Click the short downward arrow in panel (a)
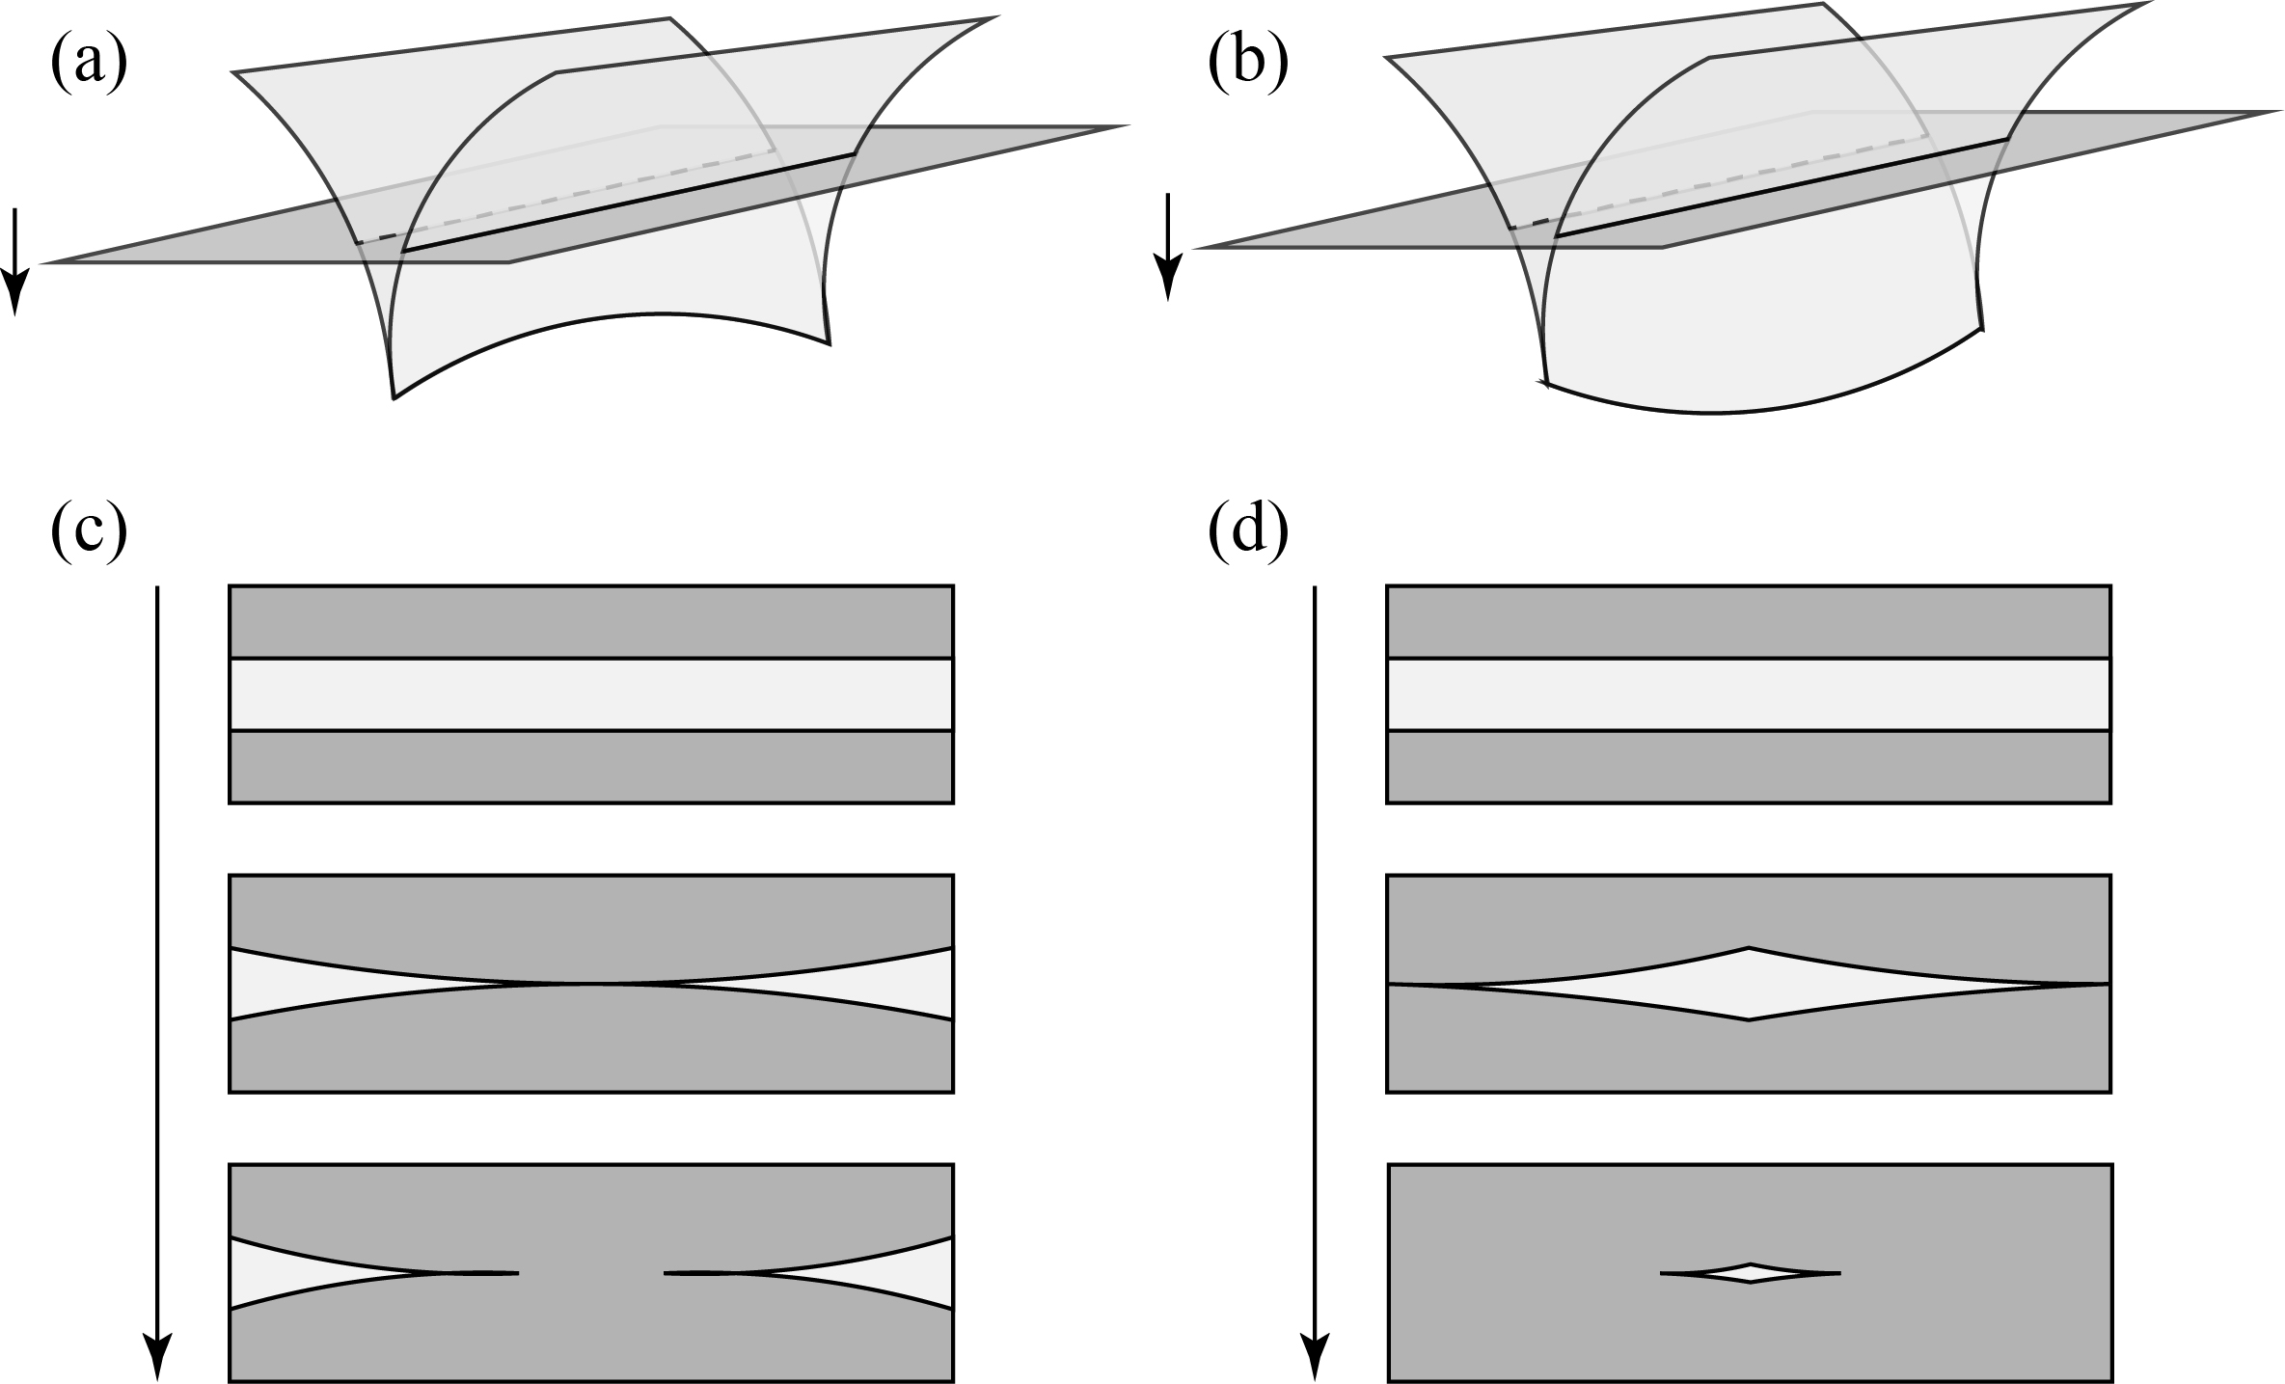pyautogui.click(x=14, y=260)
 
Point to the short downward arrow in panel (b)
pyautogui.click(x=1168, y=247)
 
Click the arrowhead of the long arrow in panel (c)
pyautogui.click(x=157, y=1355)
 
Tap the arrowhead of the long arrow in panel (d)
pyautogui.click(x=1315, y=1355)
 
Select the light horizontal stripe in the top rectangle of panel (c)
pyautogui.click(x=590, y=694)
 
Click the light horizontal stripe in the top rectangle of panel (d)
pyautogui.click(x=1748, y=694)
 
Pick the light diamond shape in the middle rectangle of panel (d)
pyautogui.click(x=1748, y=984)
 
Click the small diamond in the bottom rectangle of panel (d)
pyautogui.click(x=1750, y=1273)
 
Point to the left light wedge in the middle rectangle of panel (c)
pyautogui.click(x=289, y=984)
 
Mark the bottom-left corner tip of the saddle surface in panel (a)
pyautogui.click(x=394, y=396)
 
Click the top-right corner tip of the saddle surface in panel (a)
pyautogui.click(x=994, y=18)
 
